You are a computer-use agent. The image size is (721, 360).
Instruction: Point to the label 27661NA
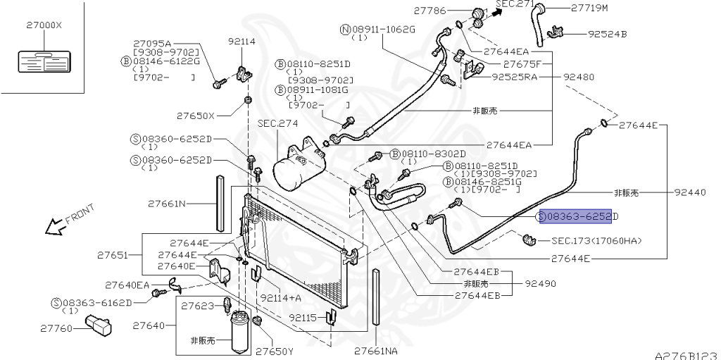(375, 350)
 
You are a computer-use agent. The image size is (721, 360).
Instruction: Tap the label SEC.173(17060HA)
(596, 241)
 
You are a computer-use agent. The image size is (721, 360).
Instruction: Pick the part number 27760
(56, 328)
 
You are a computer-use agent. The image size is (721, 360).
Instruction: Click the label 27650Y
(274, 350)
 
